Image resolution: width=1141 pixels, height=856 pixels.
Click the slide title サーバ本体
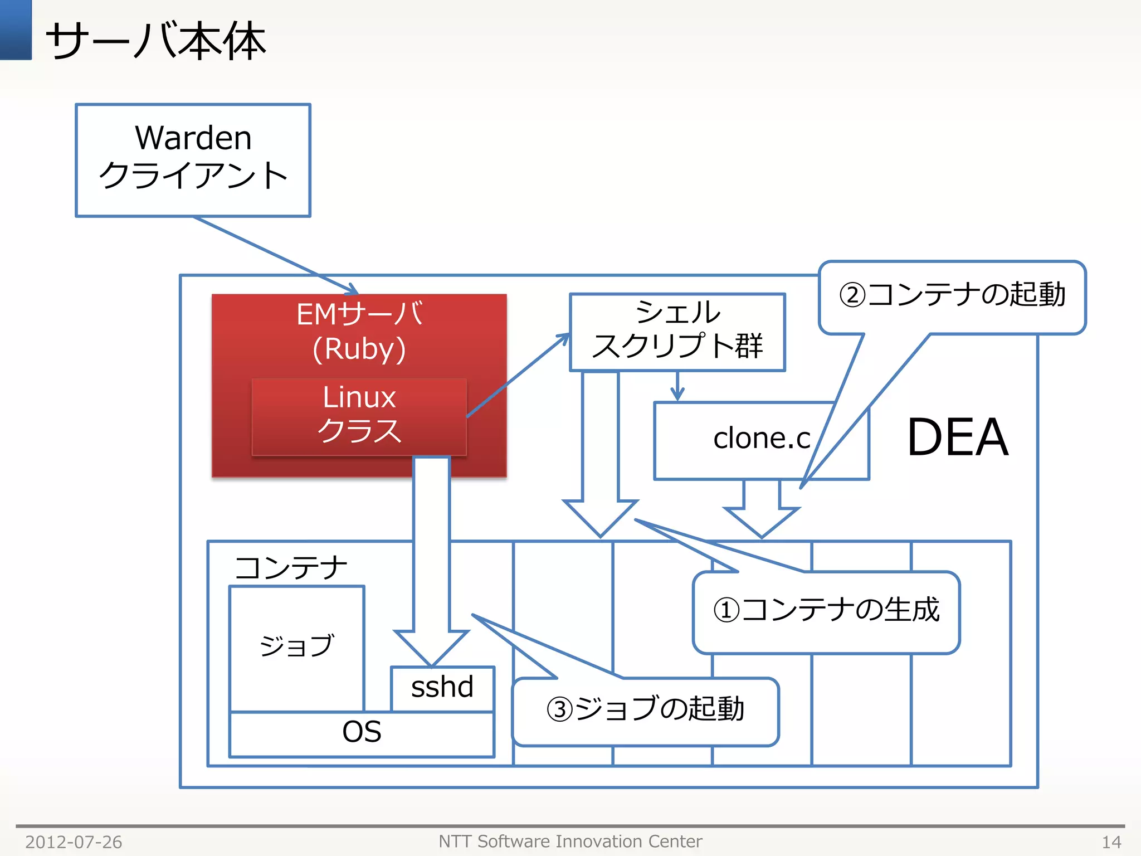click(155, 41)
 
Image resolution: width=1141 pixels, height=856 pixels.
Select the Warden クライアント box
click(193, 160)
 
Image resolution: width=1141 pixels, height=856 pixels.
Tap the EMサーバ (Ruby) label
click(359, 331)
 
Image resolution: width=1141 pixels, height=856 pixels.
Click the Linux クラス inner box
click(359, 416)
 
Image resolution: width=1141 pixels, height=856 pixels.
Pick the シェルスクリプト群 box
click(677, 332)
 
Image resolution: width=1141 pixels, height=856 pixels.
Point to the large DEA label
click(958, 438)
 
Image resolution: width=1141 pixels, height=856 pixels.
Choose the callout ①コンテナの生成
click(826, 611)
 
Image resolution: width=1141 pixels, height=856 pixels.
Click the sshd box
click(442, 688)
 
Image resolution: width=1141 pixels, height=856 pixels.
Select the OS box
click(362, 733)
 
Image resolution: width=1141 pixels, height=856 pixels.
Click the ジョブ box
click(296, 646)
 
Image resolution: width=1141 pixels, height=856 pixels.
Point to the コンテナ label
click(290, 568)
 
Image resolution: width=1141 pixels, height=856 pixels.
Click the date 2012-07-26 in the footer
click(74, 842)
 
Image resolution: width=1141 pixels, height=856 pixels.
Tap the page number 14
click(1111, 842)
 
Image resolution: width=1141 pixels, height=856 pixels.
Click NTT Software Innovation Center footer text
click(570, 841)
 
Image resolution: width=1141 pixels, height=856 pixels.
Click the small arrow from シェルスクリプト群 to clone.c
click(677, 386)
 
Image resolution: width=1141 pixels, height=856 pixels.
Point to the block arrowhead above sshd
click(431, 646)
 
